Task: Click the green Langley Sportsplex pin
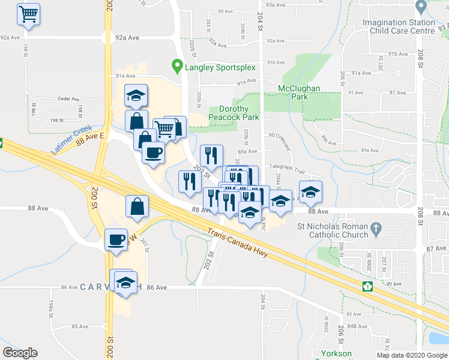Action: coord(176,67)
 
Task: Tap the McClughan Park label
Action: coord(299,93)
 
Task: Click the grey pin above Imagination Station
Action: coord(420,8)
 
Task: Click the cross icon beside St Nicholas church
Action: coord(376,228)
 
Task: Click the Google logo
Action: coord(20,353)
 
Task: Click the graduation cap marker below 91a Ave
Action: coord(136,96)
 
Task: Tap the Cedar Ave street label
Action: coord(68,99)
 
